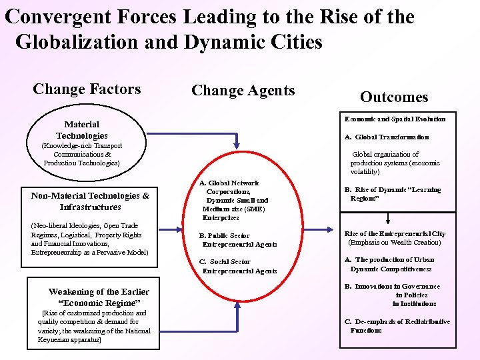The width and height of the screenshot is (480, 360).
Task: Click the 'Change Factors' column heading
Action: point(87,89)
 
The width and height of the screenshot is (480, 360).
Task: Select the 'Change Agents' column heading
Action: point(243,91)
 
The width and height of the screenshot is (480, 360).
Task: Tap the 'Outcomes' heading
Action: point(394,97)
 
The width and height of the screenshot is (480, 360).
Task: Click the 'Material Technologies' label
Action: point(82,130)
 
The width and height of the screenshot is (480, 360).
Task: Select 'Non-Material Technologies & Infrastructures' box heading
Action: point(90,201)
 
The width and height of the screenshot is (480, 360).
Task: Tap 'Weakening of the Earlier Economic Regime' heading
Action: point(99,297)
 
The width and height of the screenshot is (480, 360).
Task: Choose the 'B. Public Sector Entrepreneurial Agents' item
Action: point(238,240)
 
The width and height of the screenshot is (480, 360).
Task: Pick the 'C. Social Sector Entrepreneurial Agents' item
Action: point(238,267)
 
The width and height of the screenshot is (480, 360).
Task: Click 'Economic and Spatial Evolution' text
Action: point(395,119)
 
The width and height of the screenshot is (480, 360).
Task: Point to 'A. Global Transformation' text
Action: point(387,137)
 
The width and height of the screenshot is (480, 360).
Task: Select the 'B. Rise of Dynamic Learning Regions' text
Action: point(392,194)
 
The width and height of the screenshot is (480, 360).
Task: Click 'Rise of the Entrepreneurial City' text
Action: point(395,234)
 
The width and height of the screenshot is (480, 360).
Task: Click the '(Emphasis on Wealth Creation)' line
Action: point(394,243)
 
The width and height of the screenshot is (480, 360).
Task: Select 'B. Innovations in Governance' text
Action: point(392,287)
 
